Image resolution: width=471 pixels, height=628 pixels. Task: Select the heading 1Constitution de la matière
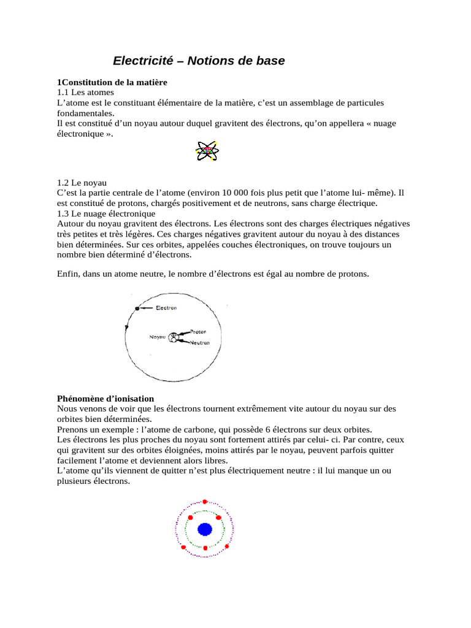[x=112, y=82]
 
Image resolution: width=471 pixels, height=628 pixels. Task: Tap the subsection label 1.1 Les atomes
[x=81, y=92]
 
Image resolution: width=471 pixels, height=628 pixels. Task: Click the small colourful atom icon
[x=207, y=150]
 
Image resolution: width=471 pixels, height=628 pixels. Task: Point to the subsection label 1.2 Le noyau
[x=82, y=183]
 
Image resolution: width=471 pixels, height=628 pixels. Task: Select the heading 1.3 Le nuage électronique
[x=106, y=213]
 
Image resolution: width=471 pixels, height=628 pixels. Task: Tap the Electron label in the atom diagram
[x=167, y=308]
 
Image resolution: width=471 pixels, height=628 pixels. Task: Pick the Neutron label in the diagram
[x=200, y=343]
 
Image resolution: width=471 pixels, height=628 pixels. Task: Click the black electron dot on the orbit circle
[x=137, y=308]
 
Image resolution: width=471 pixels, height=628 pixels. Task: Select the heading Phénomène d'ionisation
[x=105, y=399]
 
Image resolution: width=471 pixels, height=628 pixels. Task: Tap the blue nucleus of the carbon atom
[x=205, y=529]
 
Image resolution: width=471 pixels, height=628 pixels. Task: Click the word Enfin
[x=68, y=274]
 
